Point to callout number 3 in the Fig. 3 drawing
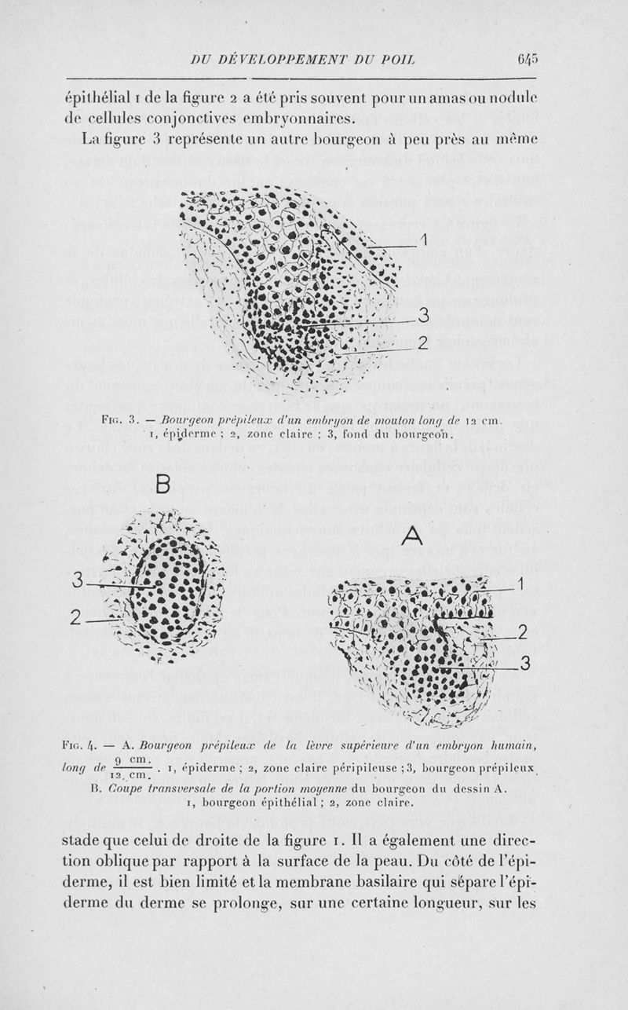click(423, 315)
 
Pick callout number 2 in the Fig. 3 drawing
click(422, 342)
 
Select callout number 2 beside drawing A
click(522, 632)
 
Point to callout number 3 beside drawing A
click(524, 665)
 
